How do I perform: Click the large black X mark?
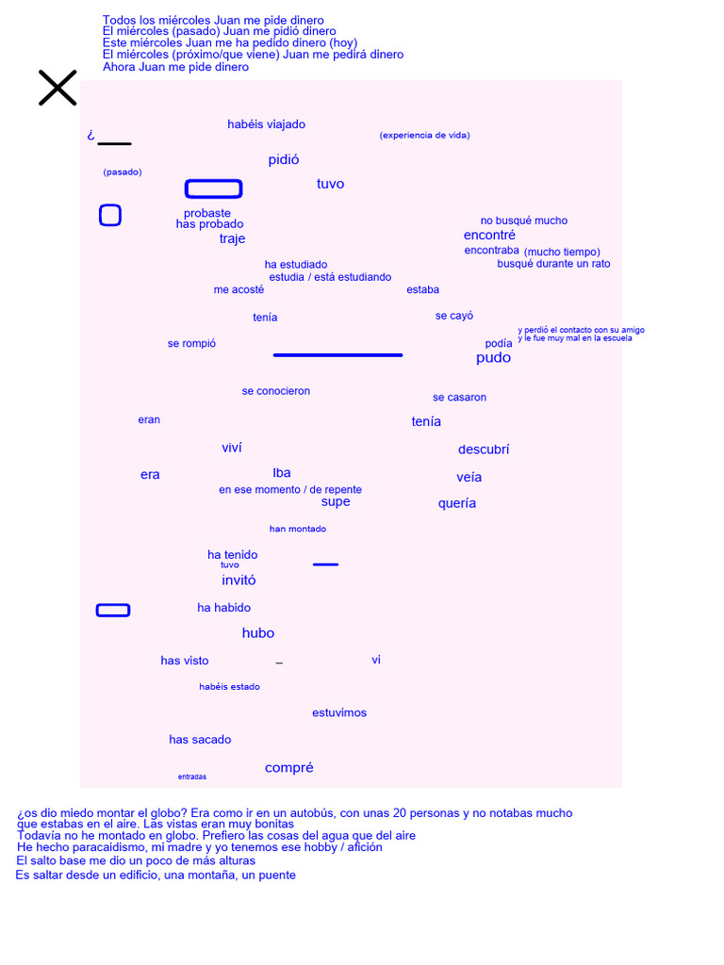[58, 88]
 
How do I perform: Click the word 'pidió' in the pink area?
[284, 160]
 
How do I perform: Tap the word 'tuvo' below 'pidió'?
[330, 184]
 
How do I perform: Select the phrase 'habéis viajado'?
[266, 124]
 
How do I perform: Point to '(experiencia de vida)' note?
[424, 136]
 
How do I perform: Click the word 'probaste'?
[207, 213]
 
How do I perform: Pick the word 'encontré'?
[489, 235]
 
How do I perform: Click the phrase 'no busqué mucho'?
[524, 221]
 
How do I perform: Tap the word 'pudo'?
[493, 358]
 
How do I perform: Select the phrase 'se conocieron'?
[275, 391]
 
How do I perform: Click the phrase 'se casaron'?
[459, 398]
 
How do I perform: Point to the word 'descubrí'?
[484, 450]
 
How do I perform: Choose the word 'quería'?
[457, 503]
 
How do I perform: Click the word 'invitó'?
[239, 581]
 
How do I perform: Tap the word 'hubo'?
[258, 633]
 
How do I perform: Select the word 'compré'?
[289, 768]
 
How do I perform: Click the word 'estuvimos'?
[339, 712]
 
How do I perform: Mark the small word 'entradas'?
[192, 777]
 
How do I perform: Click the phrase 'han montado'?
[298, 529]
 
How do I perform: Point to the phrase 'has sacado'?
[200, 740]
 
